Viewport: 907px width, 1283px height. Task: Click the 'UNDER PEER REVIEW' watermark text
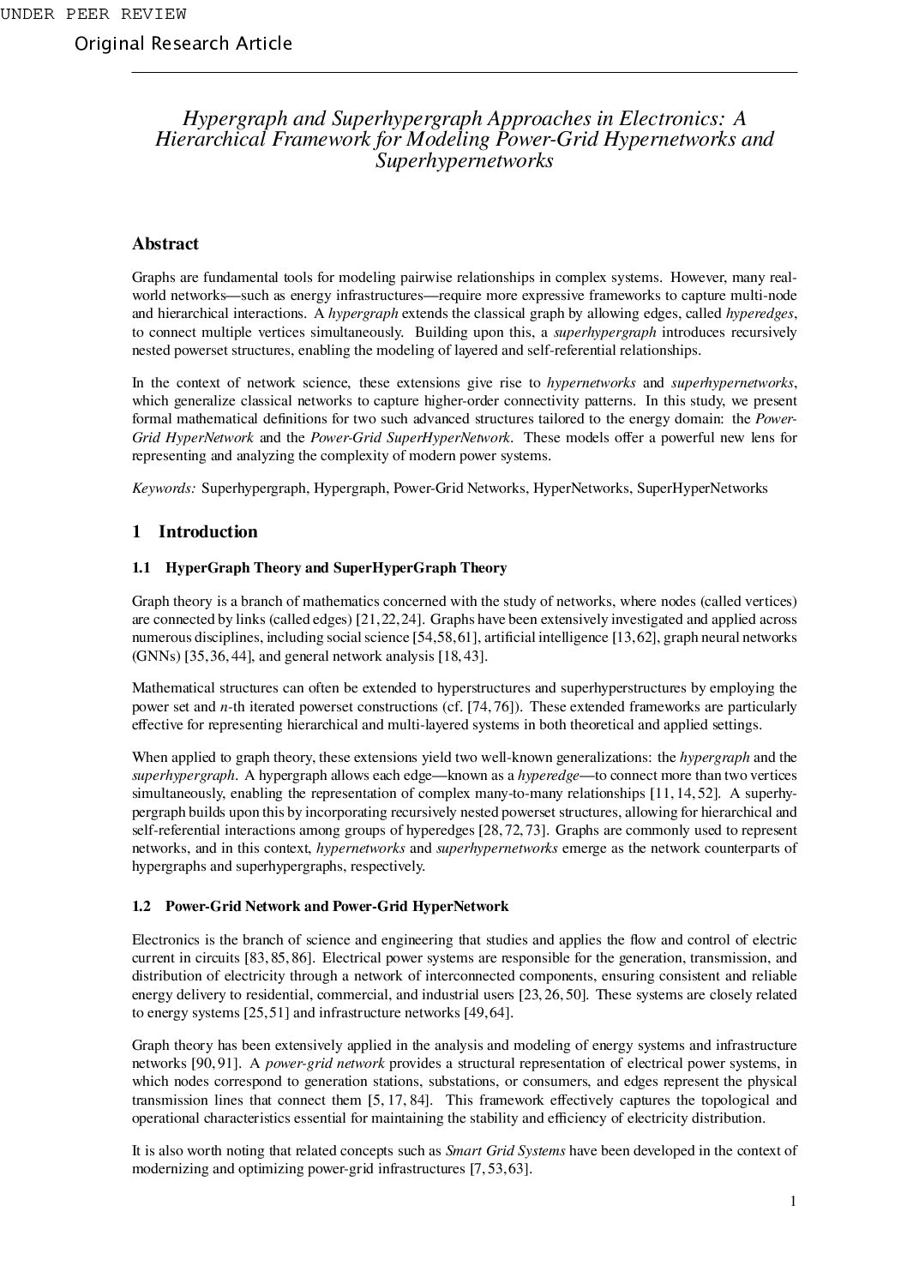tap(93, 15)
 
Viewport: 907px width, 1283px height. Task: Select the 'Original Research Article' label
tap(183, 44)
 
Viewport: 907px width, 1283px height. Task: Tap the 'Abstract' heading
tap(165, 244)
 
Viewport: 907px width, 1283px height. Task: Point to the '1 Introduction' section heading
tap(195, 532)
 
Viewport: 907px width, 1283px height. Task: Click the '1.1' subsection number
tap(141, 568)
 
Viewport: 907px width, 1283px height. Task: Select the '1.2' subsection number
tap(141, 907)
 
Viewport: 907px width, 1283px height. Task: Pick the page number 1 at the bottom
tap(793, 1202)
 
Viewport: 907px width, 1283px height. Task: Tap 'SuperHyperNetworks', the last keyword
tap(702, 489)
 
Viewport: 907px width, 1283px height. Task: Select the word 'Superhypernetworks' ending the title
tap(465, 160)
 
